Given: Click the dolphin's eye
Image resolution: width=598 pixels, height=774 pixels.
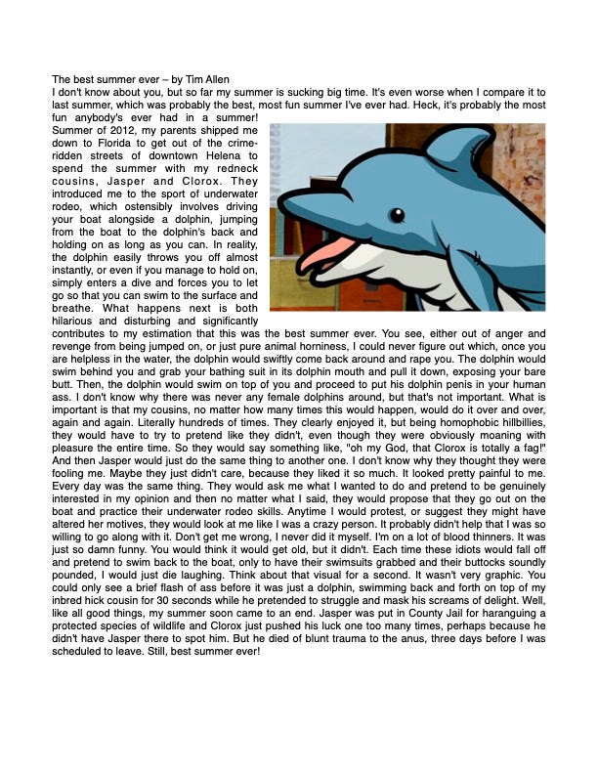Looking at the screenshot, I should tap(396, 215).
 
